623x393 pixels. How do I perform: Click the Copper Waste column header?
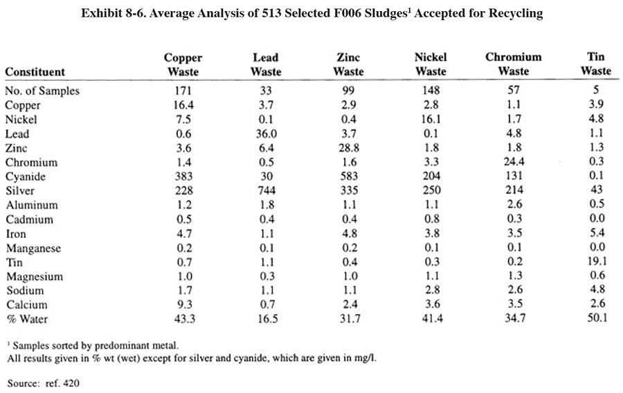click(x=183, y=65)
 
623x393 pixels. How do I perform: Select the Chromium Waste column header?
click(x=514, y=64)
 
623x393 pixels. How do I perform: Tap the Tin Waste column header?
click(x=596, y=64)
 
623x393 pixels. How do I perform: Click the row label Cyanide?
click(x=26, y=176)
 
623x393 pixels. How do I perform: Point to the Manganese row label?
click(x=33, y=248)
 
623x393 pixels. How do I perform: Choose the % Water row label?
click(x=27, y=319)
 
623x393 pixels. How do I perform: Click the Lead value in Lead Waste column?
click(x=267, y=134)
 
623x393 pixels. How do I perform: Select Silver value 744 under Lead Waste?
click(x=267, y=190)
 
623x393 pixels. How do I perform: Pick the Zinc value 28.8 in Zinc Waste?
click(x=349, y=148)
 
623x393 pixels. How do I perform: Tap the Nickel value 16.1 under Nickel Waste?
click(x=431, y=119)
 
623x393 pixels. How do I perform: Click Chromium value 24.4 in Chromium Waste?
click(x=514, y=162)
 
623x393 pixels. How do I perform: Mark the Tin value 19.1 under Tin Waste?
click(x=597, y=261)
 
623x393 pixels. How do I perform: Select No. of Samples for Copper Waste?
click(x=183, y=91)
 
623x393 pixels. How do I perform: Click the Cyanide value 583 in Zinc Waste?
click(x=349, y=176)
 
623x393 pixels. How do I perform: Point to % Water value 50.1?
click(x=597, y=318)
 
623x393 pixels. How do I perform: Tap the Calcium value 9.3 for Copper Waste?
click(x=184, y=304)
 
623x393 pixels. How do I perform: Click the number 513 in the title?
click(x=271, y=13)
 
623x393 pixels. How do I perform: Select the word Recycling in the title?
click(x=516, y=14)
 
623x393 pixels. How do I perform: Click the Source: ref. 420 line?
click(x=44, y=383)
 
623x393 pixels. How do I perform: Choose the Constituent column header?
click(x=35, y=72)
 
